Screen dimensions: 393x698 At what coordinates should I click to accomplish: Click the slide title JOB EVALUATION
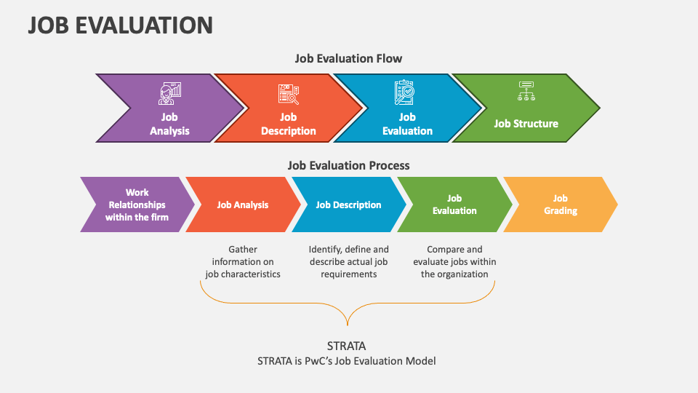pyautogui.click(x=120, y=25)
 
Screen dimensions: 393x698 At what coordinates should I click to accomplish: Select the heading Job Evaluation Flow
pyautogui.click(x=348, y=58)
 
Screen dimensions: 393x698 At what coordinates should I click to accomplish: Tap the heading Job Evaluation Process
pyautogui.click(x=348, y=165)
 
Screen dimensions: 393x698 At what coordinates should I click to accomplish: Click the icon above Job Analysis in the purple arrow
pyautogui.click(x=170, y=93)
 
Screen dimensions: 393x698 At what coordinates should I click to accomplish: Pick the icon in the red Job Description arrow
pyautogui.click(x=289, y=93)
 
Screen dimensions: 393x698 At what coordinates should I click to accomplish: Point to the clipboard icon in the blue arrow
pyautogui.click(x=404, y=92)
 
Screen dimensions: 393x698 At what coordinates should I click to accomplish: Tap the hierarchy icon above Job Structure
pyautogui.click(x=526, y=92)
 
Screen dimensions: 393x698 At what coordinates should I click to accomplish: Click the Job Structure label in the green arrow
pyautogui.click(x=526, y=124)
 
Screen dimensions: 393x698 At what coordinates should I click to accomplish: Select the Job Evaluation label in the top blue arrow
pyautogui.click(x=407, y=124)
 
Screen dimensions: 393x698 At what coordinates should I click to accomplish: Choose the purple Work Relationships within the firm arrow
pyautogui.click(x=137, y=205)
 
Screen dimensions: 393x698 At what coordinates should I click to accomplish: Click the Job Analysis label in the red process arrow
pyautogui.click(x=243, y=205)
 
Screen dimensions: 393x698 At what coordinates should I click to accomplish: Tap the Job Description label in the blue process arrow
pyautogui.click(x=348, y=205)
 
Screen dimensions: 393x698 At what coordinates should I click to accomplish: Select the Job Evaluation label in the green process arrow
pyautogui.click(x=454, y=205)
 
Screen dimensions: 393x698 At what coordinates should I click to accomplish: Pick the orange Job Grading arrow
pyautogui.click(x=560, y=205)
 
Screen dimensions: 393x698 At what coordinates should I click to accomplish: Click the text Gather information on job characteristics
pyautogui.click(x=243, y=262)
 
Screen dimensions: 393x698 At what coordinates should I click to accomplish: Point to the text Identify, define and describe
pyautogui.click(x=348, y=262)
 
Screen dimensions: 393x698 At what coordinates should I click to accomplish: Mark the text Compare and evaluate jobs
pyautogui.click(x=454, y=262)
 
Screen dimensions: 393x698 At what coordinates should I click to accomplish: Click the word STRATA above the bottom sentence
pyautogui.click(x=347, y=346)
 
